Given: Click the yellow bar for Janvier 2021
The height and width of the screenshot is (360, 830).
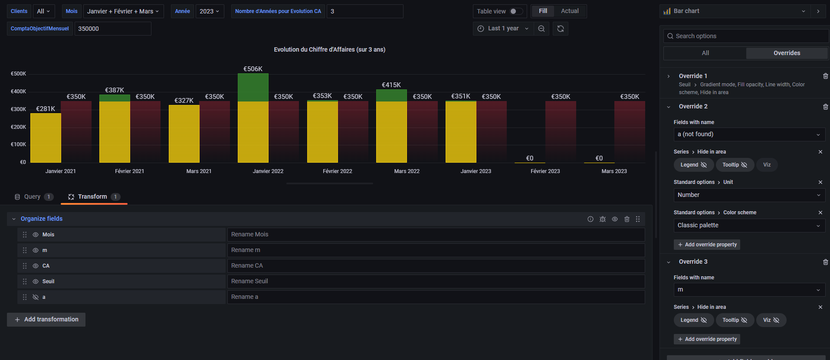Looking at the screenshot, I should coord(46,138).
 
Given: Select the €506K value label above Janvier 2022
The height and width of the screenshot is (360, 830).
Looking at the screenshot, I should coord(253,69).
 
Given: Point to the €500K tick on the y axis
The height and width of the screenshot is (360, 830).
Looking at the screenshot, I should coord(18,74).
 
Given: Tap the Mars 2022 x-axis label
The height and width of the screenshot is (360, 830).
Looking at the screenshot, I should coord(407,171).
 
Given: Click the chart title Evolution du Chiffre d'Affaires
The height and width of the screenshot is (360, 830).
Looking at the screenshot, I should coord(329,49).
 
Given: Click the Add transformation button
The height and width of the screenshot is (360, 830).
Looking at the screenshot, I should coord(46,320).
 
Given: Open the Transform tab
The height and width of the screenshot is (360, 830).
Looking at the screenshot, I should coord(92,197).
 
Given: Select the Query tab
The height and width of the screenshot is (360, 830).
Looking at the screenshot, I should coord(32,197).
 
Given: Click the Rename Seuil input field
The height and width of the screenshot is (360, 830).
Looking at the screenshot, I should coord(436,281).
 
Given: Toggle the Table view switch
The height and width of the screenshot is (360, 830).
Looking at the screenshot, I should coord(516,11).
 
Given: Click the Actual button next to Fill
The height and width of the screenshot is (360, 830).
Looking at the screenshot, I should coord(569,11).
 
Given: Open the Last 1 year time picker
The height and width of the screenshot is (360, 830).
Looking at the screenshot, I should coord(503,29).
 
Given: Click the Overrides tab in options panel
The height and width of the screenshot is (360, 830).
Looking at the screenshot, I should coord(786,53).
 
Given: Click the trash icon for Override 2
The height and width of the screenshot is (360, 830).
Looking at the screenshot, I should coord(825,107).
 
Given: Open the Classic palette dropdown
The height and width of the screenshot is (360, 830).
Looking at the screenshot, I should coord(749,226).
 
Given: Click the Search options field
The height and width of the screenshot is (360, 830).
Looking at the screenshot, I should coord(746,36).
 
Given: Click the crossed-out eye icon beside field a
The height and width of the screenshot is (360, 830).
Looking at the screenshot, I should coord(36,297).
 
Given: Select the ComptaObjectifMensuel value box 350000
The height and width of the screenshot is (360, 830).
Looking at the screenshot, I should coord(113,29).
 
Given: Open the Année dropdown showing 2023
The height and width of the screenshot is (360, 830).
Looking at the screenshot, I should coord(210,11).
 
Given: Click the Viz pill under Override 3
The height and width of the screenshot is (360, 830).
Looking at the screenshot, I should coord(771,320).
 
